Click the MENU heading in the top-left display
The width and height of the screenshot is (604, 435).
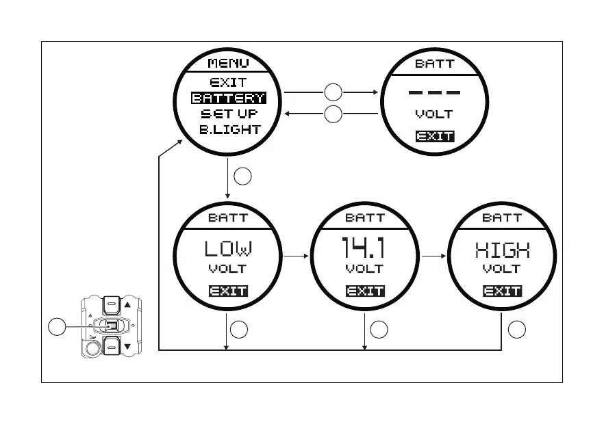[228, 64]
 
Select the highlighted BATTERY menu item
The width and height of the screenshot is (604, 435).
[228, 98]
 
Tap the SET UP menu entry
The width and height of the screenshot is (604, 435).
[229, 114]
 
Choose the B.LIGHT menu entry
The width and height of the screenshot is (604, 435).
[229, 129]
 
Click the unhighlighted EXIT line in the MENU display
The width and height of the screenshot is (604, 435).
[228, 83]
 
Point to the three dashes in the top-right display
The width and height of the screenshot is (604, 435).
[434, 92]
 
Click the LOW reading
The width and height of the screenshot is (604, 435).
[228, 249]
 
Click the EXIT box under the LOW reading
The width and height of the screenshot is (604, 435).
[228, 291]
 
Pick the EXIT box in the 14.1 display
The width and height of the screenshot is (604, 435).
[365, 291]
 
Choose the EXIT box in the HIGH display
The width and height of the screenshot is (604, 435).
[502, 291]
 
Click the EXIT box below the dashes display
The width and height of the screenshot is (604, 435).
[434, 136]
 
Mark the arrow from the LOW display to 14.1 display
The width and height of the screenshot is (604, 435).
[296, 256]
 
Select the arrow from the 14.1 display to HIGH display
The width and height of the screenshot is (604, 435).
[434, 256]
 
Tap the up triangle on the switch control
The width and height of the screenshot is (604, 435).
[127, 305]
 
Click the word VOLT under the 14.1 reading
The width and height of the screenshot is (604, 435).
[364, 269]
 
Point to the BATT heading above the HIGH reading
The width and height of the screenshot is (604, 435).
[502, 218]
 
